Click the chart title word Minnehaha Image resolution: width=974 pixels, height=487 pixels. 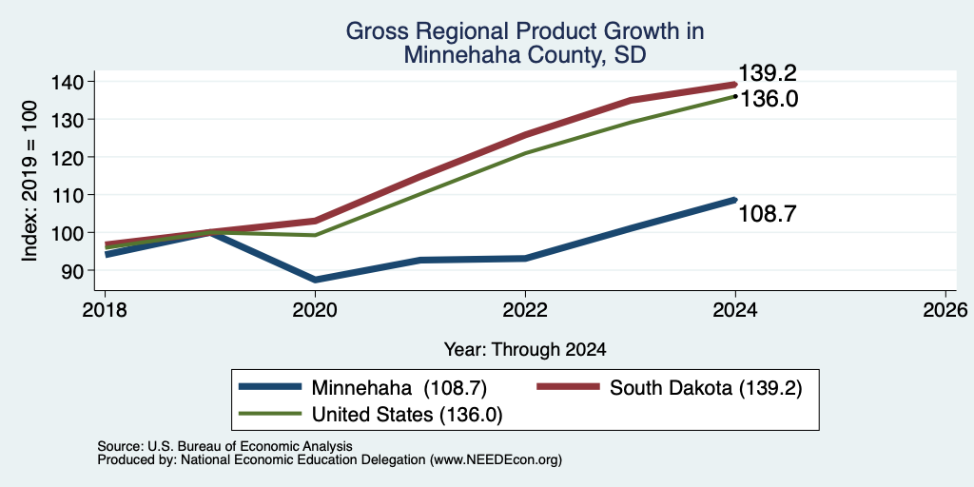coord(454,54)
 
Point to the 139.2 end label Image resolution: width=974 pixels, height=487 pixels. coord(768,74)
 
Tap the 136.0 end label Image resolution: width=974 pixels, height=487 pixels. coord(769,99)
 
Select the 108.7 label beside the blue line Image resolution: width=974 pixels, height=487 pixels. coord(768,214)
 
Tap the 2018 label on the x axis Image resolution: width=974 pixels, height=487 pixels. coord(105,309)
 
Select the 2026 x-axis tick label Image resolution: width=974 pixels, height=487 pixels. coord(945,309)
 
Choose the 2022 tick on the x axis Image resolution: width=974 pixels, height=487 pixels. coord(525,309)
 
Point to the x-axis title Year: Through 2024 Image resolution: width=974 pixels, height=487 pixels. coord(525,350)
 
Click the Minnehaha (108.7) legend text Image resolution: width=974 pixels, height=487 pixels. coord(399,388)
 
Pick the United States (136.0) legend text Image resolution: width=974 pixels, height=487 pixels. coord(407,415)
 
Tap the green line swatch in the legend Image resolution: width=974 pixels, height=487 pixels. coord(270,414)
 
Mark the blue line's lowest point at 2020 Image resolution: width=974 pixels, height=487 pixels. coord(316,280)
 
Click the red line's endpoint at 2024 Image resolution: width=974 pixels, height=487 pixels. coord(735,84)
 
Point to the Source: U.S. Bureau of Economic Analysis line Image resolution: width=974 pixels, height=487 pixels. coord(224,446)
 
